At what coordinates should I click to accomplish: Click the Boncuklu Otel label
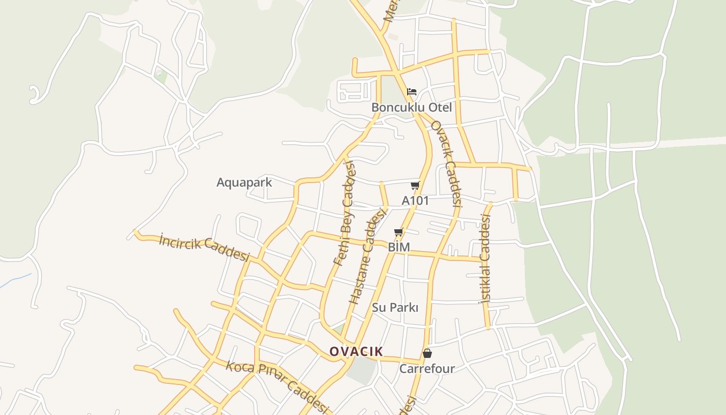pyautogui.click(x=411, y=107)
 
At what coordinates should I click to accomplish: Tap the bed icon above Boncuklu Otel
pyautogui.click(x=412, y=92)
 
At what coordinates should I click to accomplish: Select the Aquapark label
pyautogui.click(x=244, y=183)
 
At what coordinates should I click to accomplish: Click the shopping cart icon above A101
pyautogui.click(x=415, y=186)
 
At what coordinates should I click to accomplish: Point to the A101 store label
pyautogui.click(x=415, y=200)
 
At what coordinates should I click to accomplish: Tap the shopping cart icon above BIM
pyautogui.click(x=398, y=232)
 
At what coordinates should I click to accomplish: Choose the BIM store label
pyautogui.click(x=399, y=247)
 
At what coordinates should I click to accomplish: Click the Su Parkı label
pyautogui.click(x=395, y=308)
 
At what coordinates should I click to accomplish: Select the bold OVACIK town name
pyautogui.click(x=356, y=352)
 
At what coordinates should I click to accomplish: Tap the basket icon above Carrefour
pyautogui.click(x=427, y=354)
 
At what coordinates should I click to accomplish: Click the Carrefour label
pyautogui.click(x=427, y=369)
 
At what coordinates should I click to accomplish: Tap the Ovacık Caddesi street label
pyautogui.click(x=446, y=163)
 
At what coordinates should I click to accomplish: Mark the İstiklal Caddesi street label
pyautogui.click(x=485, y=258)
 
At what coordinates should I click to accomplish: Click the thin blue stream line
pyautogui.click(x=16, y=280)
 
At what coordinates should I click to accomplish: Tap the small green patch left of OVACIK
pyautogui.click(x=339, y=329)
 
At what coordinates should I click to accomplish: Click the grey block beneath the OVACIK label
pyautogui.click(x=361, y=369)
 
